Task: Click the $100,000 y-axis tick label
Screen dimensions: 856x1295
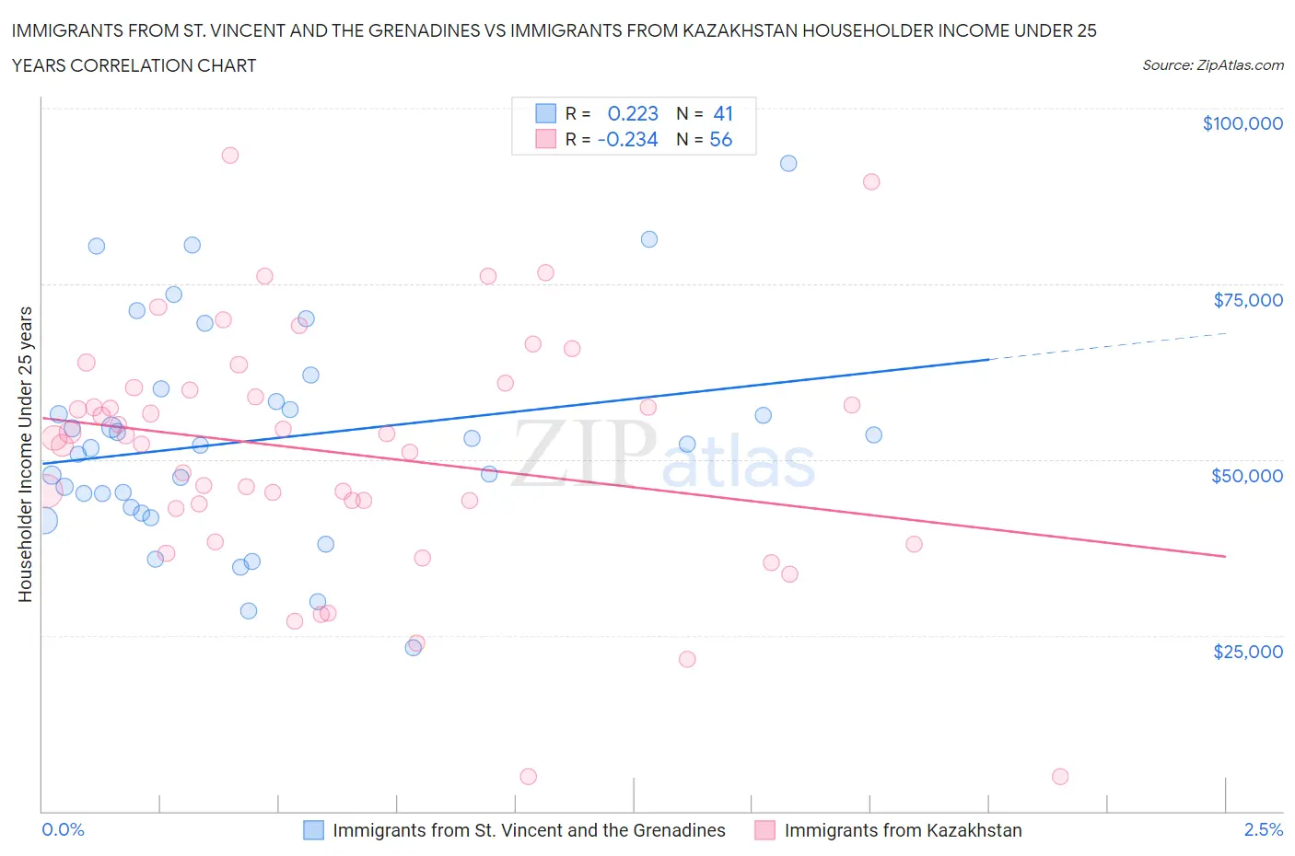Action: pyautogui.click(x=1242, y=123)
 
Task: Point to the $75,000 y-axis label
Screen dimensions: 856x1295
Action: pyautogui.click(x=1247, y=299)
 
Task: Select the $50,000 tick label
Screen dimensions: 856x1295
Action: pyautogui.click(x=1246, y=475)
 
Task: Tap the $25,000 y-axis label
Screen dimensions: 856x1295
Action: pyautogui.click(x=1247, y=651)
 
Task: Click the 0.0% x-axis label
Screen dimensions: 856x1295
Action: pyautogui.click(x=63, y=829)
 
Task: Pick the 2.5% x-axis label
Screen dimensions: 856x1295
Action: pyautogui.click(x=1263, y=829)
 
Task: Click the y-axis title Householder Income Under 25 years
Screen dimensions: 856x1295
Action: pyautogui.click(x=25, y=453)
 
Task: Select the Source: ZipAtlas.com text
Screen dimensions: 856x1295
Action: pyautogui.click(x=1212, y=64)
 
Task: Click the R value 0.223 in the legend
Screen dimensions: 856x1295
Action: pyautogui.click(x=633, y=113)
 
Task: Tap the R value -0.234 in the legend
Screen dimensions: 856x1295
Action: pyautogui.click(x=627, y=139)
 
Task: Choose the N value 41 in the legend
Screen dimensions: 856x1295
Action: pyautogui.click(x=723, y=113)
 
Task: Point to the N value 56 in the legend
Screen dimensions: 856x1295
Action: pyautogui.click(x=721, y=139)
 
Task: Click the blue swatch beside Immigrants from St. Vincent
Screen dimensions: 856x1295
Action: pyautogui.click(x=314, y=830)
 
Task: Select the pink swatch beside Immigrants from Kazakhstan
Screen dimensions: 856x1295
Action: pyautogui.click(x=764, y=830)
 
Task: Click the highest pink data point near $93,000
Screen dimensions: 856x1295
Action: pyautogui.click(x=230, y=156)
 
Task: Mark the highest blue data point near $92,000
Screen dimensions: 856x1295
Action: pyautogui.click(x=788, y=163)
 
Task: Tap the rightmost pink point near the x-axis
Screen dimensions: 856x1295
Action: pyautogui.click(x=1060, y=777)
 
